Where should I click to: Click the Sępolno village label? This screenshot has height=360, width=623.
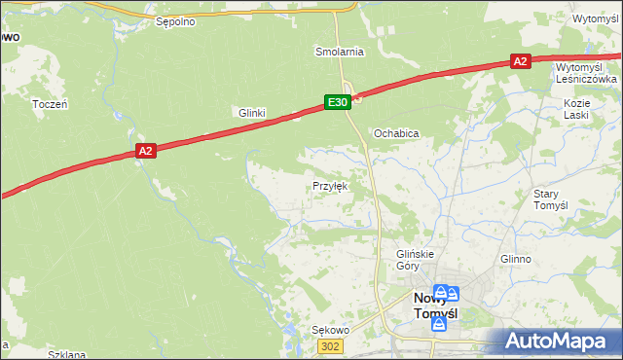tap(176, 20)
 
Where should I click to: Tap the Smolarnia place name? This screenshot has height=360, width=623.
tap(339, 51)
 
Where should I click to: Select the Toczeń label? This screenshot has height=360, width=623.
tap(49, 104)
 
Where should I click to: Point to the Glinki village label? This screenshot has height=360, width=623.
tap(252, 113)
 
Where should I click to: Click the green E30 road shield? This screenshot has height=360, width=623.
tap(337, 101)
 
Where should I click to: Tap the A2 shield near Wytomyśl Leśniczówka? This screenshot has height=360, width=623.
tap(520, 61)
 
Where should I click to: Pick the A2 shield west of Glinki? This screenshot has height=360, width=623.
tap(145, 151)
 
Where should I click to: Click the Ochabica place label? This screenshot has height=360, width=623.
tap(396, 133)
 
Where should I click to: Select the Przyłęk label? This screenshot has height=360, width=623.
tap(330, 185)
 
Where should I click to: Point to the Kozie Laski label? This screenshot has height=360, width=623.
tap(578, 108)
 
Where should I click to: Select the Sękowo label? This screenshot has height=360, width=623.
tap(330, 330)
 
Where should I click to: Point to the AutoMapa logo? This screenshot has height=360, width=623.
tap(558, 342)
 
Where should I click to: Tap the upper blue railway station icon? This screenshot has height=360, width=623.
tap(441, 293)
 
